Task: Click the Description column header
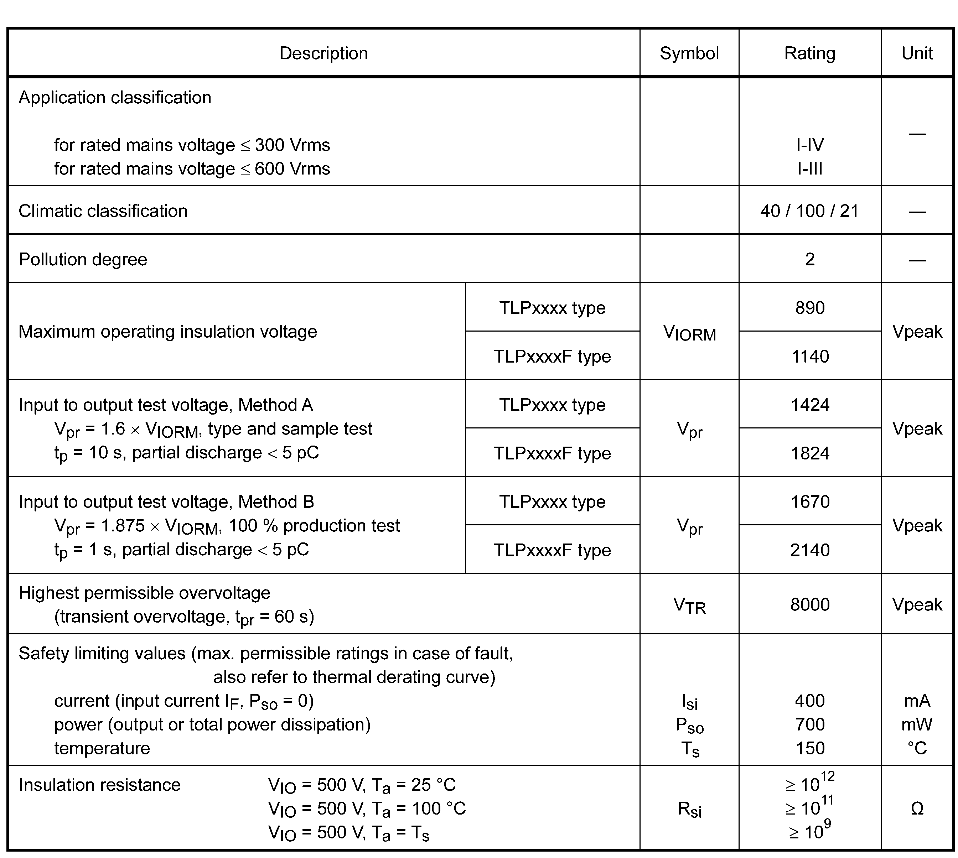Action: pyautogui.click(x=323, y=53)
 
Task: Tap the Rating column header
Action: pyautogui.click(x=809, y=53)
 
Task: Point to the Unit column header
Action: pyautogui.click(x=917, y=53)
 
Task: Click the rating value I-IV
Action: pyautogui.click(x=809, y=145)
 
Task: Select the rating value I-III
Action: pyautogui.click(x=809, y=169)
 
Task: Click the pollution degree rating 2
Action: pyautogui.click(x=809, y=259)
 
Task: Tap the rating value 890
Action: pyautogui.click(x=809, y=308)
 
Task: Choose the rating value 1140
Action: pyautogui.click(x=809, y=357)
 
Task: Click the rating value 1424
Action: pyautogui.click(x=809, y=405)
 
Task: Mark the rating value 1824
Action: pyautogui.click(x=809, y=453)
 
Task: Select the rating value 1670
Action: pyautogui.click(x=809, y=501)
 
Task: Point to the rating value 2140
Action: pyautogui.click(x=809, y=550)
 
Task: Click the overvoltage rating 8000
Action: pyautogui.click(x=809, y=604)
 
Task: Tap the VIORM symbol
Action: pyautogui.click(x=689, y=333)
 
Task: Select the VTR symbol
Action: pyautogui.click(x=689, y=605)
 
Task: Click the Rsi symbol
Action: pyautogui.click(x=689, y=809)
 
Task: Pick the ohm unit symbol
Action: pyautogui.click(x=917, y=808)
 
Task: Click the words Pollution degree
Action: pyautogui.click(x=83, y=259)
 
